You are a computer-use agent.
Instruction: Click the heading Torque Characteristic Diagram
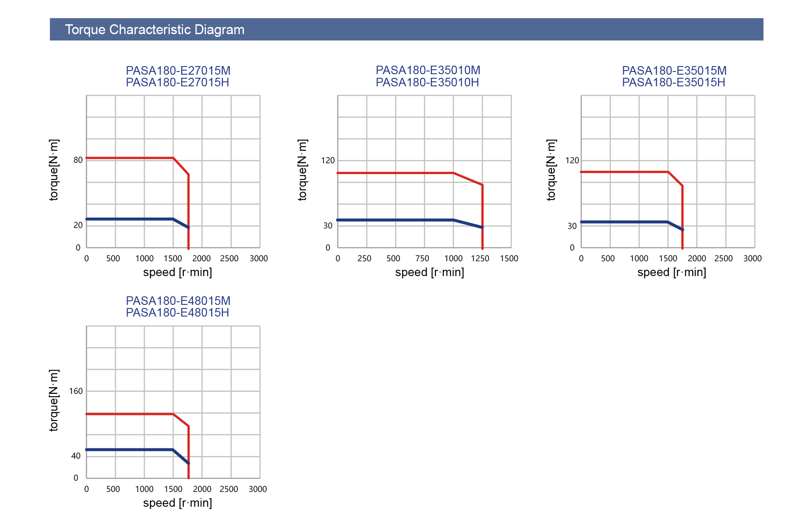(x=155, y=30)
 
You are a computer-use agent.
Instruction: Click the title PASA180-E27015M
(x=178, y=71)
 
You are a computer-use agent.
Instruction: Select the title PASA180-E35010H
(x=427, y=83)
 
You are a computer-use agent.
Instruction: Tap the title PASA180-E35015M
(x=674, y=71)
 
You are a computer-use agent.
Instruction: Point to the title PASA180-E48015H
(x=178, y=313)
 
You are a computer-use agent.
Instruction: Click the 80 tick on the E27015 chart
(x=78, y=160)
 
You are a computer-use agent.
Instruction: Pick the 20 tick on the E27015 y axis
(x=78, y=225)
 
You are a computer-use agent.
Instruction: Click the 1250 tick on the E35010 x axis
(x=480, y=259)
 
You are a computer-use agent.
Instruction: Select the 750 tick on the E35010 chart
(x=422, y=259)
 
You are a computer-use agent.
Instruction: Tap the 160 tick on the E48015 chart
(x=76, y=391)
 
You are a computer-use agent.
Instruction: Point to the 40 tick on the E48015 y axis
(x=76, y=456)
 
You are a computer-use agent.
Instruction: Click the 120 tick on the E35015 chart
(x=572, y=161)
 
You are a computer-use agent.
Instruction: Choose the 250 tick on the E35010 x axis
(x=364, y=259)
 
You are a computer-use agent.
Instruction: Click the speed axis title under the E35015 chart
(x=671, y=272)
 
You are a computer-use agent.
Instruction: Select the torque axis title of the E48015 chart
(x=54, y=401)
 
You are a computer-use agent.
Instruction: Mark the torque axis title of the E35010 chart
(x=302, y=170)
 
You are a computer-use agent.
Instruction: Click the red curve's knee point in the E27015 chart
(x=173, y=158)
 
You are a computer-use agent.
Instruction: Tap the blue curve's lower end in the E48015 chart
(x=188, y=463)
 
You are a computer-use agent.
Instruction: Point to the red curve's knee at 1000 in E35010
(x=453, y=173)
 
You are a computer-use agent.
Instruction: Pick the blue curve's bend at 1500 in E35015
(x=668, y=222)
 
